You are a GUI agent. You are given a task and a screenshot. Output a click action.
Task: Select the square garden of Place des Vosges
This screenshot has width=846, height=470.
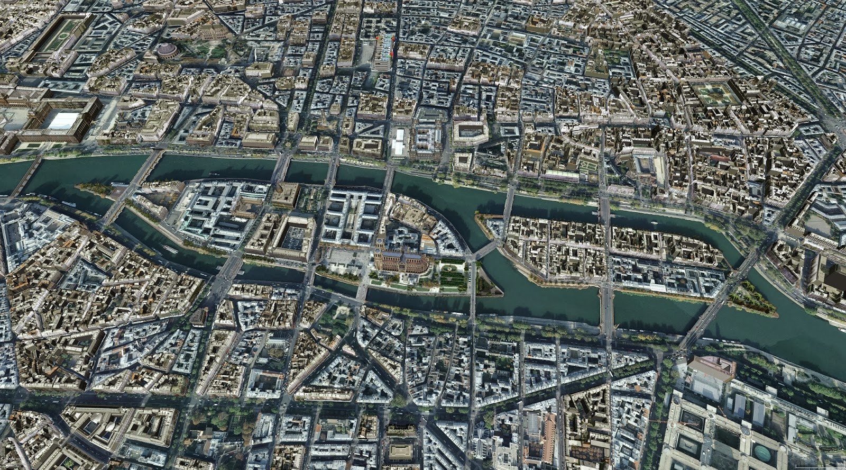click(718, 94)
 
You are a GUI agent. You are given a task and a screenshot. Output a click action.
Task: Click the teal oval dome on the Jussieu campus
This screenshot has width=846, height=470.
click(762, 453)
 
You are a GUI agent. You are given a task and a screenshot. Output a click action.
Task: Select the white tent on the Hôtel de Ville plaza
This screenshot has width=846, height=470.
click(399, 141)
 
